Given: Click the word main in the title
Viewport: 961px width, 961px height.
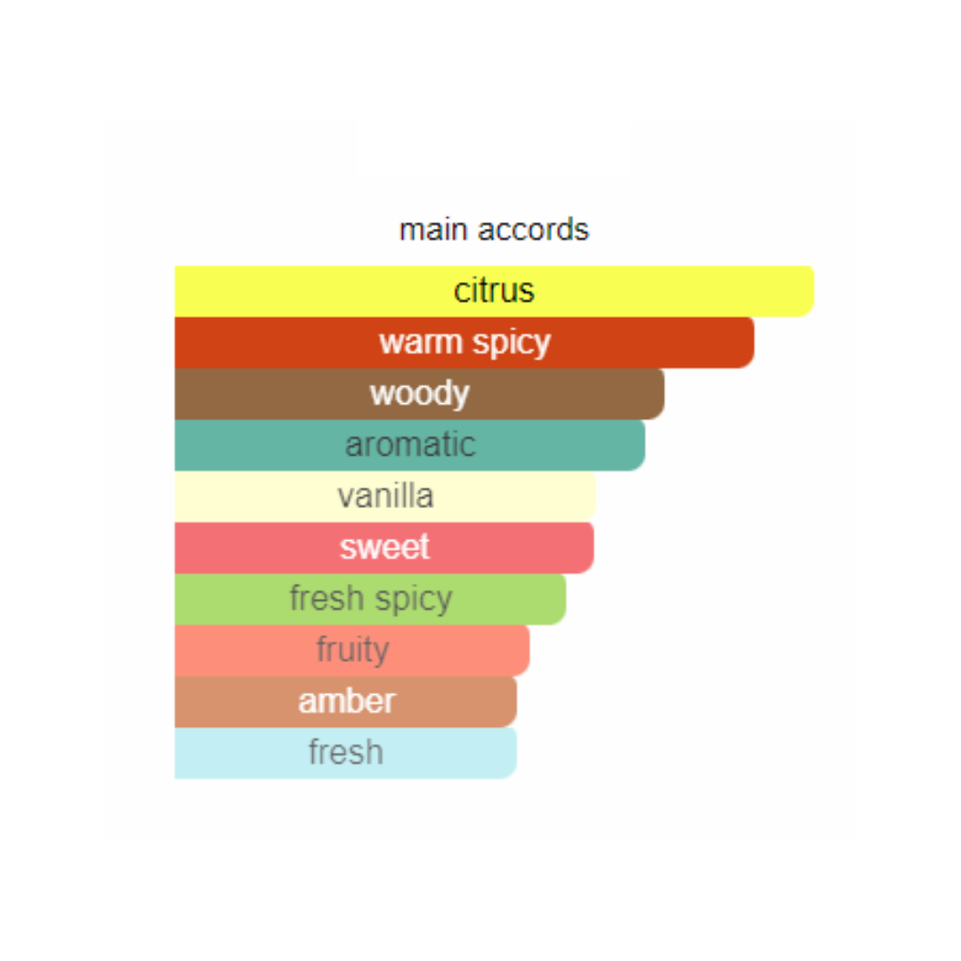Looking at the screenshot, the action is [x=433, y=230].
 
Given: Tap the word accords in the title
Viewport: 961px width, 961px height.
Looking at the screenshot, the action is [x=533, y=230].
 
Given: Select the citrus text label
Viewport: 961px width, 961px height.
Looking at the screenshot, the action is [x=494, y=290].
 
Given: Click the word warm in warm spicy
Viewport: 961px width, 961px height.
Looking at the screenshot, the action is [x=420, y=342].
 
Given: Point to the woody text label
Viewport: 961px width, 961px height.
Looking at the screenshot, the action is [x=420, y=393].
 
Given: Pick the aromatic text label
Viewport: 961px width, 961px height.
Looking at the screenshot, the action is [x=410, y=444].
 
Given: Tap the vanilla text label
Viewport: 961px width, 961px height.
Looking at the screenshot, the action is [x=385, y=496].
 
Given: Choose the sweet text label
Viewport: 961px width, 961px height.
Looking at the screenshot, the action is [x=385, y=546].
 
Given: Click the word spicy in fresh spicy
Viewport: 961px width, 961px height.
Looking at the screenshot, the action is [x=414, y=599].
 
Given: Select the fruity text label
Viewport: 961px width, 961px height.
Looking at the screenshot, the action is [x=353, y=650].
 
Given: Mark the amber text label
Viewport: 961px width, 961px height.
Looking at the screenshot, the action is [x=347, y=701].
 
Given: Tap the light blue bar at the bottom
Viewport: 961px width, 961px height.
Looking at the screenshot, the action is [x=345, y=754].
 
